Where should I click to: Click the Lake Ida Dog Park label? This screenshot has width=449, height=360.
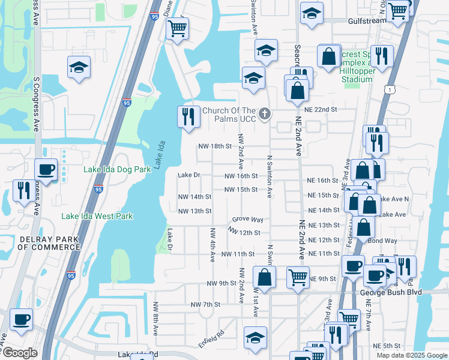pyautogui.click(x=117, y=170)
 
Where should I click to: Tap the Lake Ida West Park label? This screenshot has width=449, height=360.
pyautogui.click(x=97, y=216)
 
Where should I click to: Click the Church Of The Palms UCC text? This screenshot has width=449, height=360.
pyautogui.click(x=229, y=115)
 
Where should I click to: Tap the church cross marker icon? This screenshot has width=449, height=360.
pyautogui.click(x=265, y=114)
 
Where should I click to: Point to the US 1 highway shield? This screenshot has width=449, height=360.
pyautogui.click(x=391, y=89)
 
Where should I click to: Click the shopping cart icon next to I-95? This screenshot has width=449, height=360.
pyautogui.click(x=177, y=28)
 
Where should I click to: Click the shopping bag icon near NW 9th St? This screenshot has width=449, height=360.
pyautogui.click(x=264, y=277)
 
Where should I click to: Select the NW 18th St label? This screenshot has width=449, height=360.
pyautogui.click(x=215, y=146)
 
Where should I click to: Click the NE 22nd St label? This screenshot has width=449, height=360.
pyautogui.click(x=321, y=110)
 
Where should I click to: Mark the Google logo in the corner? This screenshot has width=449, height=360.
pyautogui.click(x=19, y=353)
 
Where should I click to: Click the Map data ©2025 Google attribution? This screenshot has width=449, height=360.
pyautogui.click(x=411, y=355)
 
